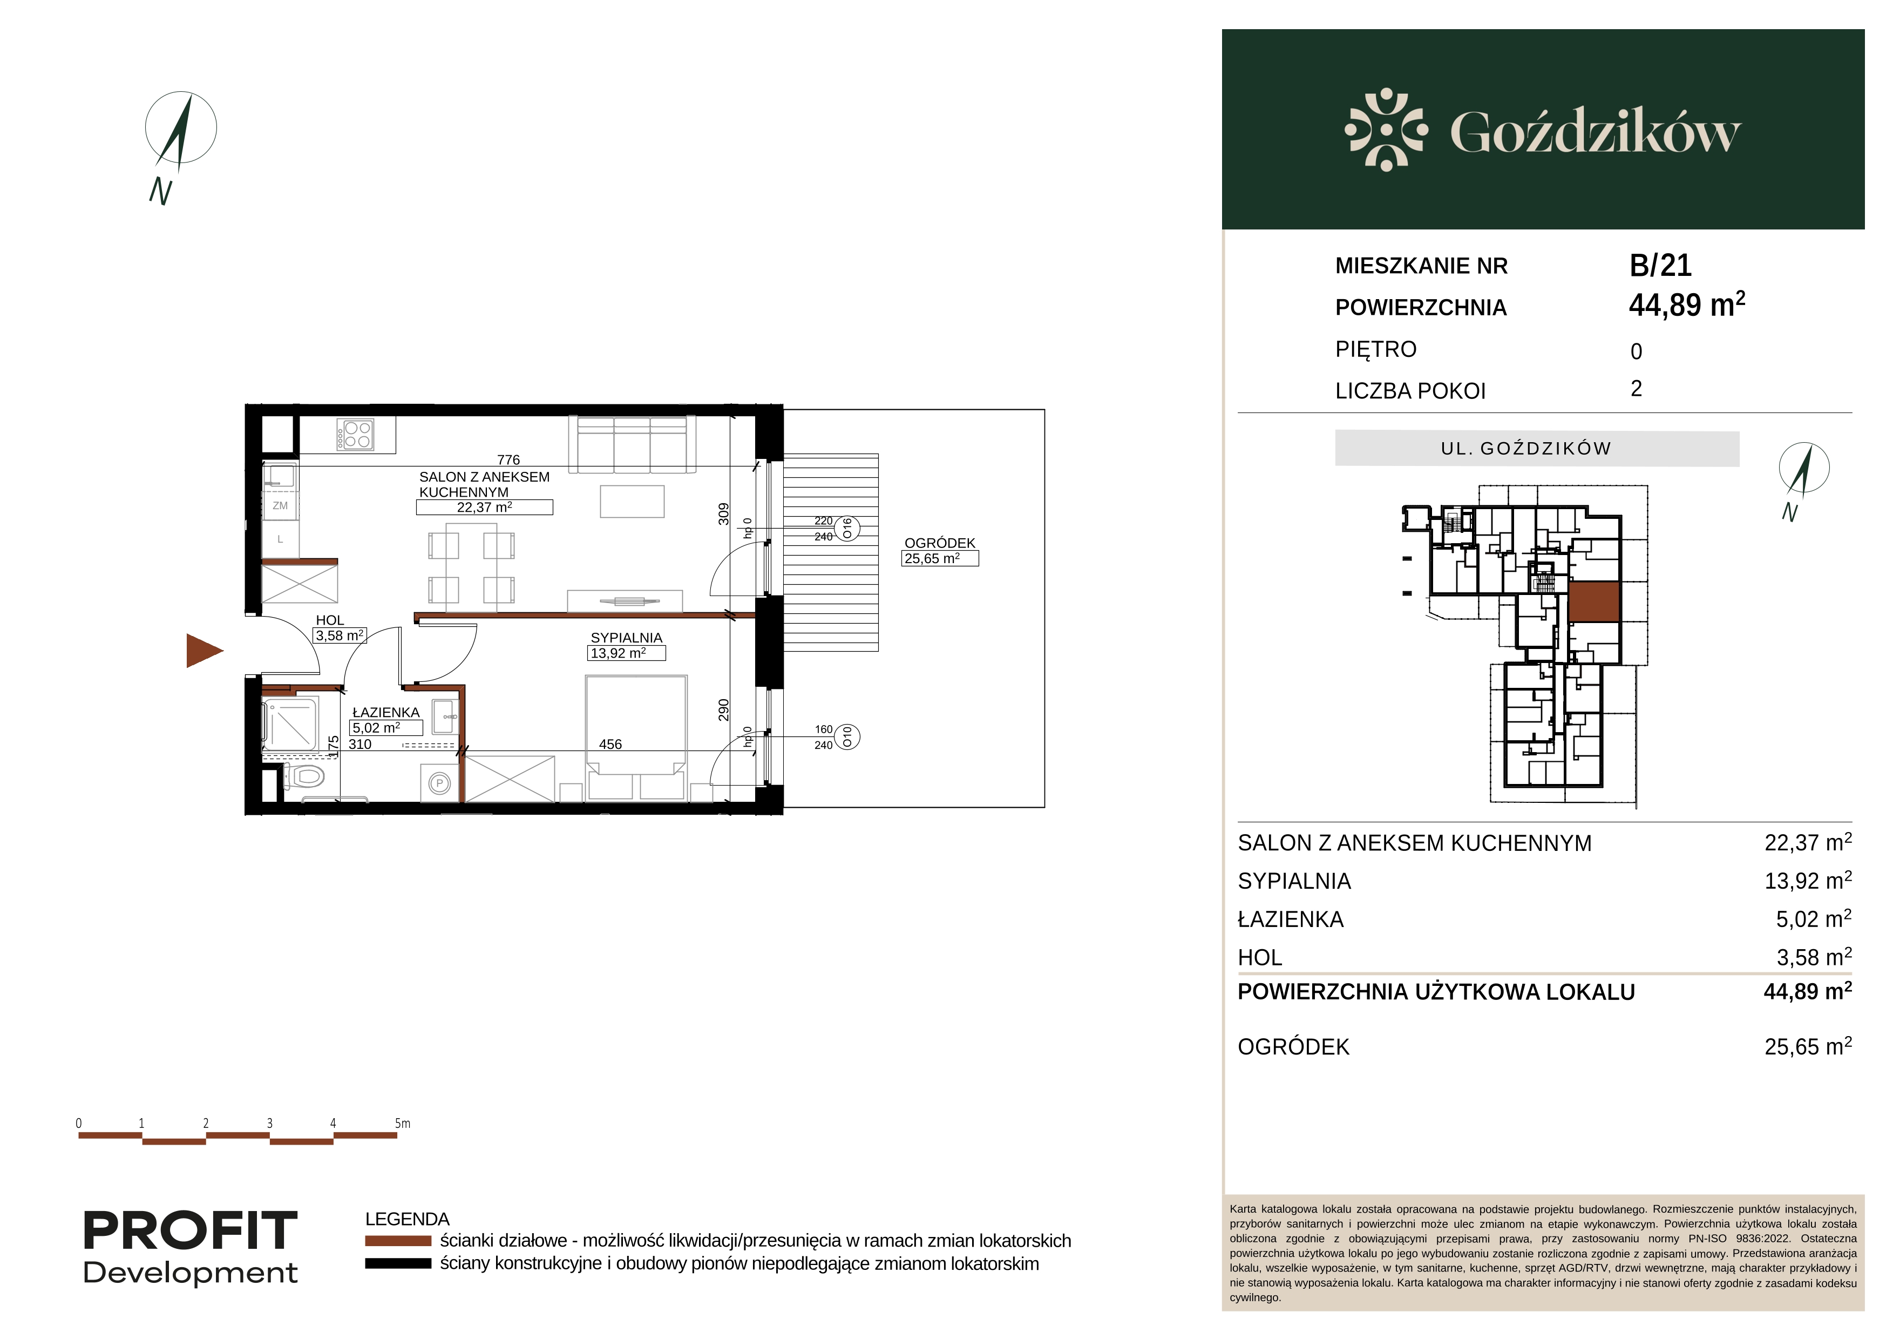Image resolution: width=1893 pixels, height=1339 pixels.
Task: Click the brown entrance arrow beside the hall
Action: click(203, 651)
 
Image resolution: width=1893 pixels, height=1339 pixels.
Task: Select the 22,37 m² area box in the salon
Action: click(485, 507)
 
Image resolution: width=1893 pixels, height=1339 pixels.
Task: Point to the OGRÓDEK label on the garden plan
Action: click(940, 543)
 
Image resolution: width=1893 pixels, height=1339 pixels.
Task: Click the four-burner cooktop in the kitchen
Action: click(355, 435)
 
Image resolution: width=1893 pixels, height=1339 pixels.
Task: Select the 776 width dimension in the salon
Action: click(508, 460)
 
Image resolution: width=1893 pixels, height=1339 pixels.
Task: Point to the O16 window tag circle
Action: click(847, 529)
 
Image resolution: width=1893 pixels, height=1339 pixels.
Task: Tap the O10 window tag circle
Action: click(847, 737)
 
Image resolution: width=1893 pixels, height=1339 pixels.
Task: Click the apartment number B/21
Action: click(1660, 266)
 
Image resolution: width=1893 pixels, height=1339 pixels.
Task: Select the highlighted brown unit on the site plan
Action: click(1594, 602)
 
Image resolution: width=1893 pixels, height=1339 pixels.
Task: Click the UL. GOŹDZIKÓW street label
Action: click(1525, 449)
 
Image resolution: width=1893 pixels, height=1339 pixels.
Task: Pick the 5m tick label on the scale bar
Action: click(402, 1123)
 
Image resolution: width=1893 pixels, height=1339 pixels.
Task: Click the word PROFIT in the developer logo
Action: click(191, 1231)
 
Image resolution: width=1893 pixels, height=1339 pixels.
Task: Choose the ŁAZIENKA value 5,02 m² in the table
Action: click(1814, 919)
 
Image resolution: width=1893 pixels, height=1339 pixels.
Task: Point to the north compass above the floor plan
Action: click(181, 128)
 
